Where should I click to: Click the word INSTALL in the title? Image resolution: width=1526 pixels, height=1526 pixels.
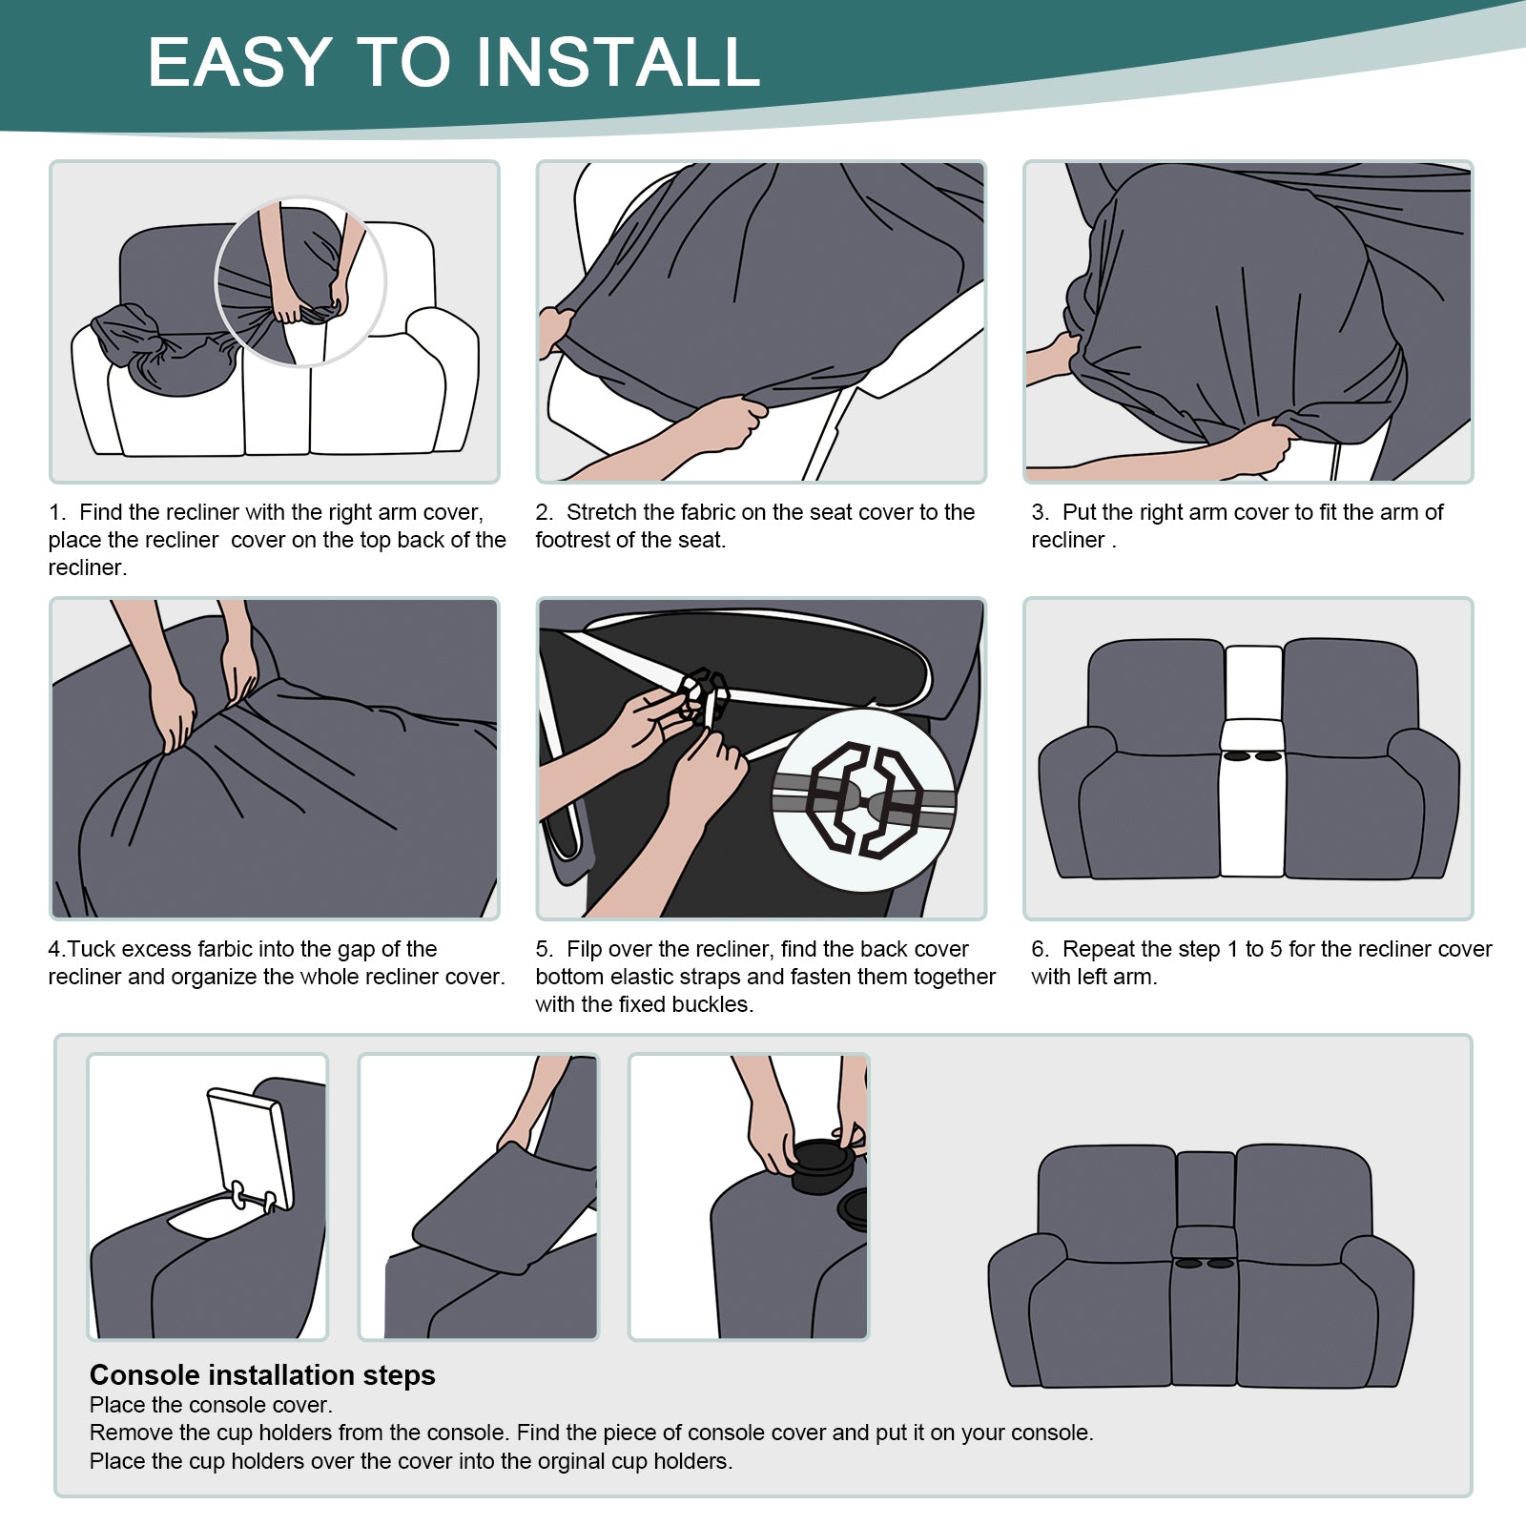pos(618,63)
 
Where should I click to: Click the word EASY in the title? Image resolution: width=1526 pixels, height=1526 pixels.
pos(240,63)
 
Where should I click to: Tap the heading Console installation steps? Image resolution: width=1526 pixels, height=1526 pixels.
pos(262,1375)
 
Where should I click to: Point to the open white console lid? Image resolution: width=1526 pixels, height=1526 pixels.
pos(250,1149)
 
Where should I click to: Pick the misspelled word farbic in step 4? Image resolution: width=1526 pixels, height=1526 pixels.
pos(222,949)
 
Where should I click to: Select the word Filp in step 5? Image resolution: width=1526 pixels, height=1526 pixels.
pos(585,949)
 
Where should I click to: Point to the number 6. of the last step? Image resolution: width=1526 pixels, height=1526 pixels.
pos(1040,949)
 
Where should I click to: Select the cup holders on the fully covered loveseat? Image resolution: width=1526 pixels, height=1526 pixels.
pos(1205,1264)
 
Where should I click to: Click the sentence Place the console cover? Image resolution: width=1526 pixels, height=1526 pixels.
pos(211,1405)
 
